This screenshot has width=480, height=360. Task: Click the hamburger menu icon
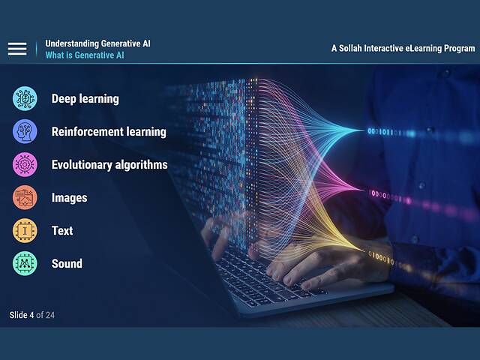pyautogui.click(x=17, y=49)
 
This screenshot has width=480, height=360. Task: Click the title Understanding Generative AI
pyautogui.click(x=97, y=43)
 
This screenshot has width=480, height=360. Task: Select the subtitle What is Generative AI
pyautogui.click(x=85, y=55)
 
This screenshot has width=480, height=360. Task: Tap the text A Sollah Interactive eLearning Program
pyautogui.click(x=403, y=48)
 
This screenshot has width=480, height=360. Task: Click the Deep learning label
pyautogui.click(x=85, y=98)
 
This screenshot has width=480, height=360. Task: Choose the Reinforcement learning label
pyautogui.click(x=109, y=131)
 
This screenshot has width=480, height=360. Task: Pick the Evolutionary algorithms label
pyautogui.click(x=109, y=164)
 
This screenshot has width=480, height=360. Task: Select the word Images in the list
pyautogui.click(x=69, y=197)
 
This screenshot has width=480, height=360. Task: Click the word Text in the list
pyautogui.click(x=62, y=230)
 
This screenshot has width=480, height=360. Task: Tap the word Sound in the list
pyautogui.click(x=67, y=263)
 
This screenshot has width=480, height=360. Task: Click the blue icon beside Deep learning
pyautogui.click(x=25, y=98)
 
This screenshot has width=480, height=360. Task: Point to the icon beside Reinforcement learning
pyautogui.click(x=25, y=131)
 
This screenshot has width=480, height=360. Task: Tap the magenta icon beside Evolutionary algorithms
pyautogui.click(x=25, y=164)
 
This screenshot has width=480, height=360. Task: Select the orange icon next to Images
pyautogui.click(x=25, y=197)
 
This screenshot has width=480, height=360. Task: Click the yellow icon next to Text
pyautogui.click(x=25, y=230)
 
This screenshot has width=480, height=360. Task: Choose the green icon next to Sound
pyautogui.click(x=25, y=263)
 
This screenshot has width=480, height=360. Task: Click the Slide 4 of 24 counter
pyautogui.click(x=32, y=315)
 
